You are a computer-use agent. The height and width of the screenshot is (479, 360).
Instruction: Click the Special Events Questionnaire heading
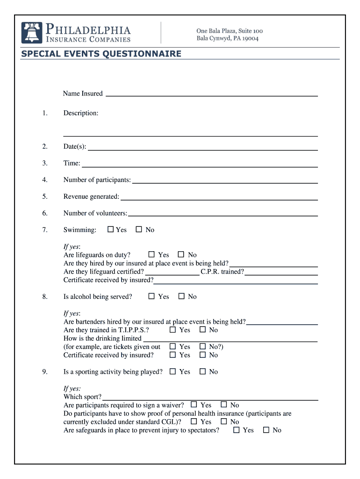click(101, 54)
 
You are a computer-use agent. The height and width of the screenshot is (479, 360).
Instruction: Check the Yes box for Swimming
click(111, 230)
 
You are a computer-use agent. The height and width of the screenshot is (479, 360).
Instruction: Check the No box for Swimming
click(139, 230)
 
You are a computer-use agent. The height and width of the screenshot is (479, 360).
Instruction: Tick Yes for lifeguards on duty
click(151, 255)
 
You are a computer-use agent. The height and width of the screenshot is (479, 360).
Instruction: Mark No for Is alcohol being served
click(181, 297)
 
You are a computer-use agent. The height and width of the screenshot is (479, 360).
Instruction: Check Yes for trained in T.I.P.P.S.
click(173, 330)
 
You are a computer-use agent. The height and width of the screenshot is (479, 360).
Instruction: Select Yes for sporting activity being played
click(173, 372)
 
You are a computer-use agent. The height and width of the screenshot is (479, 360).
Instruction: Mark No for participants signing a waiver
click(224, 405)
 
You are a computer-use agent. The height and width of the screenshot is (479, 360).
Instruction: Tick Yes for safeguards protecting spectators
click(237, 430)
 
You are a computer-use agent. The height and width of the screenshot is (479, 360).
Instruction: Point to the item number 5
click(45, 197)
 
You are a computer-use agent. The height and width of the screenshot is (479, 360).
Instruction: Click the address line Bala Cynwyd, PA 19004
click(227, 38)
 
